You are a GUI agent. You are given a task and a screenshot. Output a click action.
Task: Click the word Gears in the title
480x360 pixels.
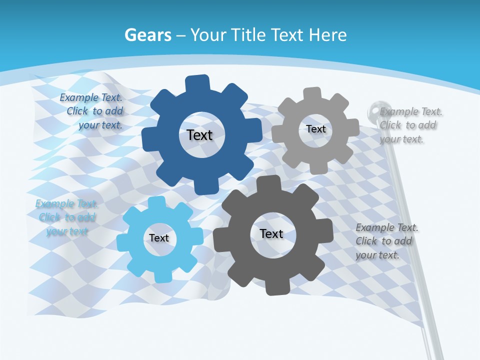tap(147, 35)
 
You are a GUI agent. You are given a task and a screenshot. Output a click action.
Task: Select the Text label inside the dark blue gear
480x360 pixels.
tap(199, 135)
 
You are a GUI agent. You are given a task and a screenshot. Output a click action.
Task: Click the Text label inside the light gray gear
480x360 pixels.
tap(315, 129)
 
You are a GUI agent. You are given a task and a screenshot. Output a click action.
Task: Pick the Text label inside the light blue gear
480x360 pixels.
tap(159, 238)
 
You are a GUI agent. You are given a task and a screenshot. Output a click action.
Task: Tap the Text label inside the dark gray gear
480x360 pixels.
tap(271, 233)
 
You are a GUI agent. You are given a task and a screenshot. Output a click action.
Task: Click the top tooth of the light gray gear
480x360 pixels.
tap(312, 93)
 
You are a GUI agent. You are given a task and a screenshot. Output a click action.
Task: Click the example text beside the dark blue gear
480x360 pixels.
tap(92, 111)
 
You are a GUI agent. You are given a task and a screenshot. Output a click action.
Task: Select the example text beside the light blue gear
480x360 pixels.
tap(66, 217)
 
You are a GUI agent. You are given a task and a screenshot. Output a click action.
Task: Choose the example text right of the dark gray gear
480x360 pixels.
tap(385, 241)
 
